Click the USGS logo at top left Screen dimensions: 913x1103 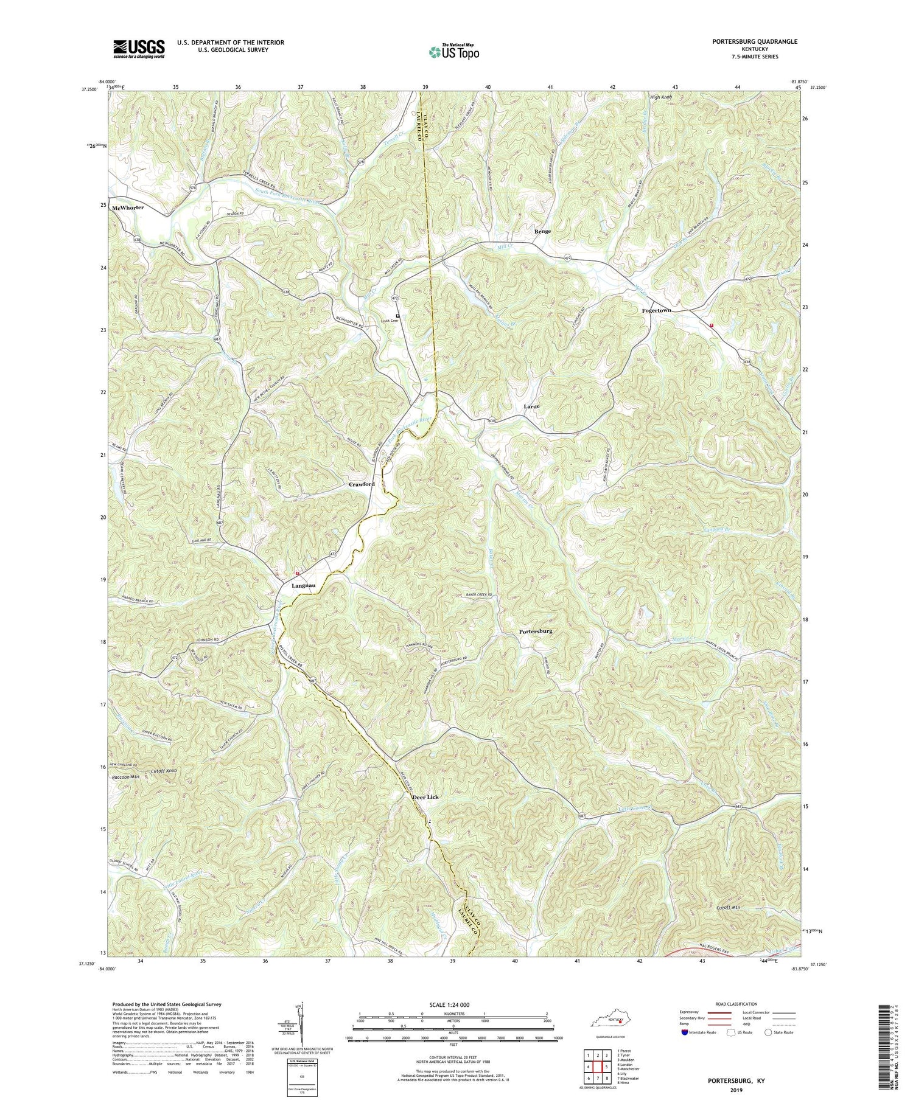tap(139, 49)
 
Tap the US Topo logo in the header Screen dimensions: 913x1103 tap(453, 52)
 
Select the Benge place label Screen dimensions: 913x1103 tap(542, 232)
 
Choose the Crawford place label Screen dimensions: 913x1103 tap(362, 484)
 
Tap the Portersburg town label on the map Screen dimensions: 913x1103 tap(536, 632)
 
